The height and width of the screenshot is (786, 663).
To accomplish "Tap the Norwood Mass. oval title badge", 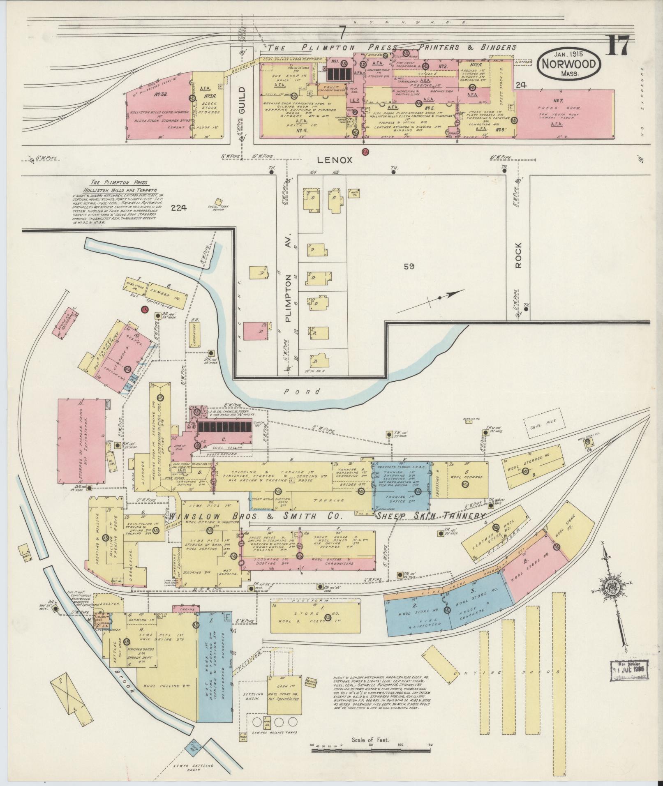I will click(569, 64).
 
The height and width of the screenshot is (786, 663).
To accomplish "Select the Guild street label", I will click(242, 100).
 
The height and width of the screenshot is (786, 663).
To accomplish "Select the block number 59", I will click(409, 267).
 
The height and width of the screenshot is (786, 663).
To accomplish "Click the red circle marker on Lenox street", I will click(365, 152).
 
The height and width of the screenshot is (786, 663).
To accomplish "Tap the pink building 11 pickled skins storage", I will click(81, 440).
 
